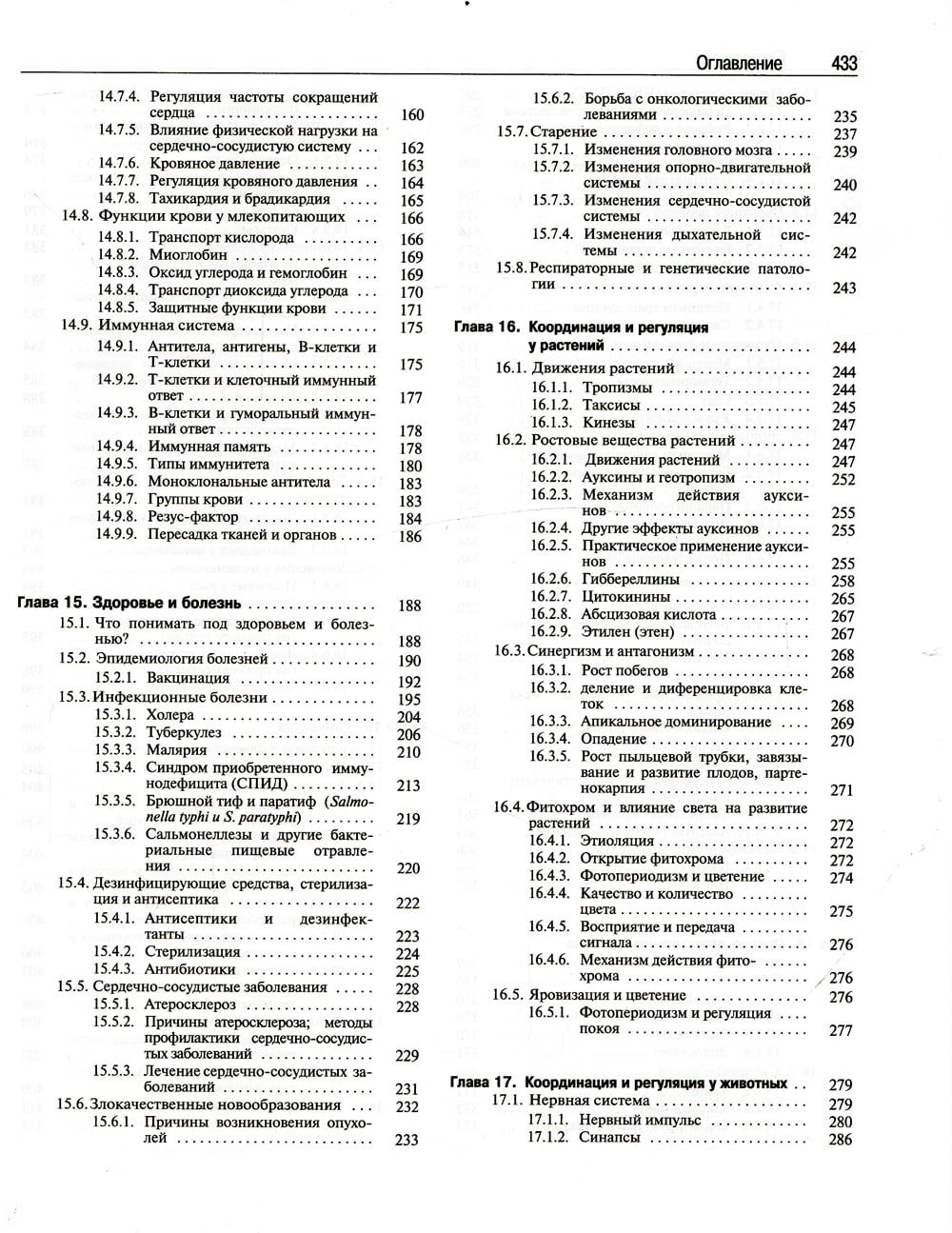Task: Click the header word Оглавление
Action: [739, 63]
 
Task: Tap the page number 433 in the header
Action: [843, 63]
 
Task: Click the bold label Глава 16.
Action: [485, 327]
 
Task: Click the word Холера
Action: [170, 715]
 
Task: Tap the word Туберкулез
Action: [184, 732]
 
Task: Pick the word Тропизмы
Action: [617, 388]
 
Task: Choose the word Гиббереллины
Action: [630, 579]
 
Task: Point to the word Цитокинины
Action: [625, 597]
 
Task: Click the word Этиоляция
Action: [618, 841]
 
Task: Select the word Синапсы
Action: [609, 1138]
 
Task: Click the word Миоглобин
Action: [188, 255]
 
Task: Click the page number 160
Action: [412, 115]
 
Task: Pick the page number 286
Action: [841, 1140]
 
